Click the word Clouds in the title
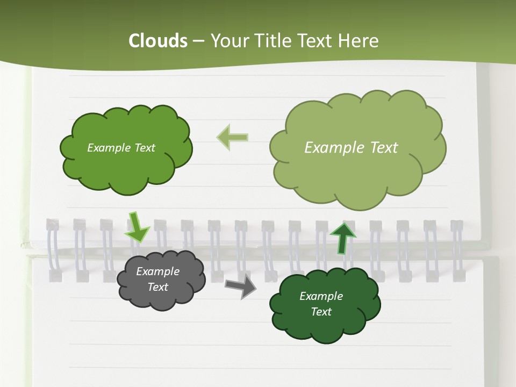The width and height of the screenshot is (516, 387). [158, 41]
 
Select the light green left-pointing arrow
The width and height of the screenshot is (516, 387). [232, 138]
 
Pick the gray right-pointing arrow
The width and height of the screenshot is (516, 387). [241, 286]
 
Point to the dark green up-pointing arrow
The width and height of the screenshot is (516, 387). [342, 238]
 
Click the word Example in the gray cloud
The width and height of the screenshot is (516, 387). [157, 271]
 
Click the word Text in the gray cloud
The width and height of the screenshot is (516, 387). [157, 287]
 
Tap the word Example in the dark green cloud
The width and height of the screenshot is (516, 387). [321, 296]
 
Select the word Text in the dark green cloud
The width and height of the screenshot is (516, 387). [321, 312]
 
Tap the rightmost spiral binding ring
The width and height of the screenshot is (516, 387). [457, 250]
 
